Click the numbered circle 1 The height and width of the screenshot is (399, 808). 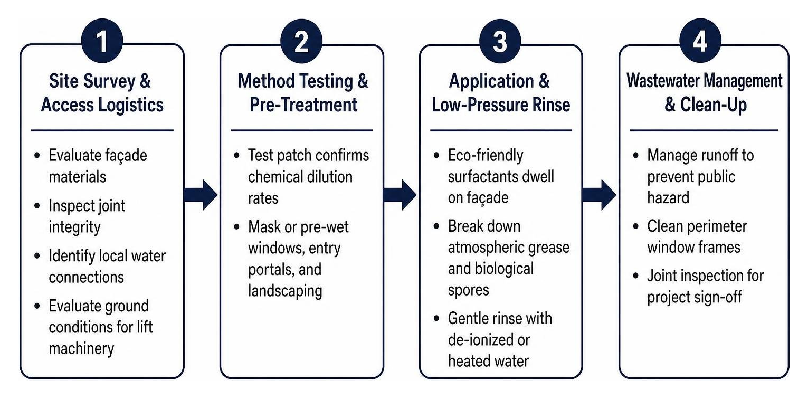102,41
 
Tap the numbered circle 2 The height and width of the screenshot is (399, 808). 301,41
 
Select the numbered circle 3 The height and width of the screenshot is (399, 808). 500,41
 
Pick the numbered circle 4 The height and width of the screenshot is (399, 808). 700,40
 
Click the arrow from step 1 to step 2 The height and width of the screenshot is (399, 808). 201,195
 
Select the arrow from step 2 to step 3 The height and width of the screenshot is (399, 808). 400,195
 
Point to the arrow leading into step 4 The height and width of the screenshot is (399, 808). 599,195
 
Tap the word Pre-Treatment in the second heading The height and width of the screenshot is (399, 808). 303,105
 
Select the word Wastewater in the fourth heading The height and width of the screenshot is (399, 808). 662,80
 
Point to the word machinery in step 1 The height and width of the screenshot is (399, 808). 81,349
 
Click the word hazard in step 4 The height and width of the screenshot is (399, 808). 668,198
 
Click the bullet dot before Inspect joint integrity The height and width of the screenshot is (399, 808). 37,206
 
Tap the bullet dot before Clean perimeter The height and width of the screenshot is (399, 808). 635,226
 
